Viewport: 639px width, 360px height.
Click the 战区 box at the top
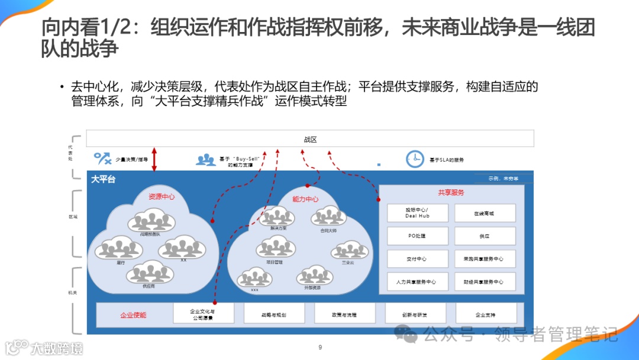click(310, 139)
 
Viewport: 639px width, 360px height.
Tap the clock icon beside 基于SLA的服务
click(415, 159)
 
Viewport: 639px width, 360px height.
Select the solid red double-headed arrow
click(154, 159)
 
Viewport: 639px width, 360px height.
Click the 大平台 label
click(104, 179)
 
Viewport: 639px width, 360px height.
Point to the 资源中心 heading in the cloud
click(162, 196)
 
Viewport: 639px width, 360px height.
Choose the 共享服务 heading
click(451, 192)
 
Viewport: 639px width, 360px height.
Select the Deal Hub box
click(417, 213)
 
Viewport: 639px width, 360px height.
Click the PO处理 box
click(417, 236)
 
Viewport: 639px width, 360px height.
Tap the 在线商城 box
click(485, 213)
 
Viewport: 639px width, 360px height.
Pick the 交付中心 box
click(417, 259)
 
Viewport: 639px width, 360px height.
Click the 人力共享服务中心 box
click(417, 282)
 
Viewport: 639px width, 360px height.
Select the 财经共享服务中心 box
click(485, 282)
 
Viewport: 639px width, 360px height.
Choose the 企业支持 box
click(486, 314)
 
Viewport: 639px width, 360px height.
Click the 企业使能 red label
click(133, 315)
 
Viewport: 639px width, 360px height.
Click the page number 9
click(320, 347)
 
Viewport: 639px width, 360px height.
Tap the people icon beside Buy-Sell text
click(206, 159)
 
